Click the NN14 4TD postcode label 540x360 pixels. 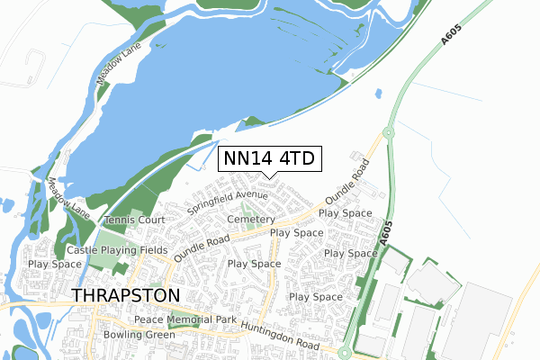point(269,159)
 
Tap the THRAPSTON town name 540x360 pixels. point(126,295)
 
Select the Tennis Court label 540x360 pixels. point(135,220)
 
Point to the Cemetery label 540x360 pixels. point(250,220)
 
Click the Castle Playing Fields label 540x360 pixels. point(117,249)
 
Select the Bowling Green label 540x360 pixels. point(138,336)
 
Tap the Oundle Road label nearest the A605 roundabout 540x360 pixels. point(347,183)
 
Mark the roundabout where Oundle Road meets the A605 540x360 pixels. point(388,133)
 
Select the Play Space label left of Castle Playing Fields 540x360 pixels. point(54,265)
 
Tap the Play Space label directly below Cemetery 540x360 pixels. point(296,232)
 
